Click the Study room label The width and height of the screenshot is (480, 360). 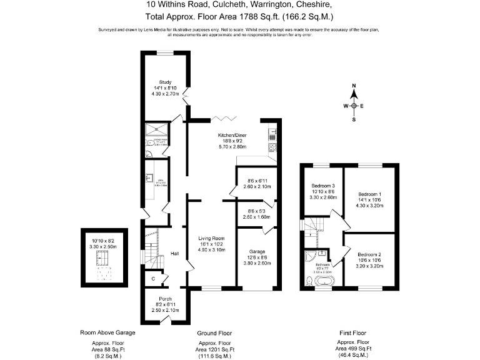(x=165, y=82)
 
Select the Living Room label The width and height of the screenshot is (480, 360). (x=211, y=238)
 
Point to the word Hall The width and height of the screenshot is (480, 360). (x=175, y=254)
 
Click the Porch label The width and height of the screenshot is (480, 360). (x=165, y=298)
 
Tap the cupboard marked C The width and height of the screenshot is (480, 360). (x=152, y=277)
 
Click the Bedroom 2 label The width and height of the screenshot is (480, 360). (x=369, y=254)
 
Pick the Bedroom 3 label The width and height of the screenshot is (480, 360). (x=323, y=186)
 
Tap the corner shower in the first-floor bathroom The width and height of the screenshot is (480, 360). (x=311, y=256)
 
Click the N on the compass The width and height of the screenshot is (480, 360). (x=354, y=86)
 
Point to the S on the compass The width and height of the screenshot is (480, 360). (x=354, y=119)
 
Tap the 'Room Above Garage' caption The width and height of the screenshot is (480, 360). (x=107, y=332)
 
